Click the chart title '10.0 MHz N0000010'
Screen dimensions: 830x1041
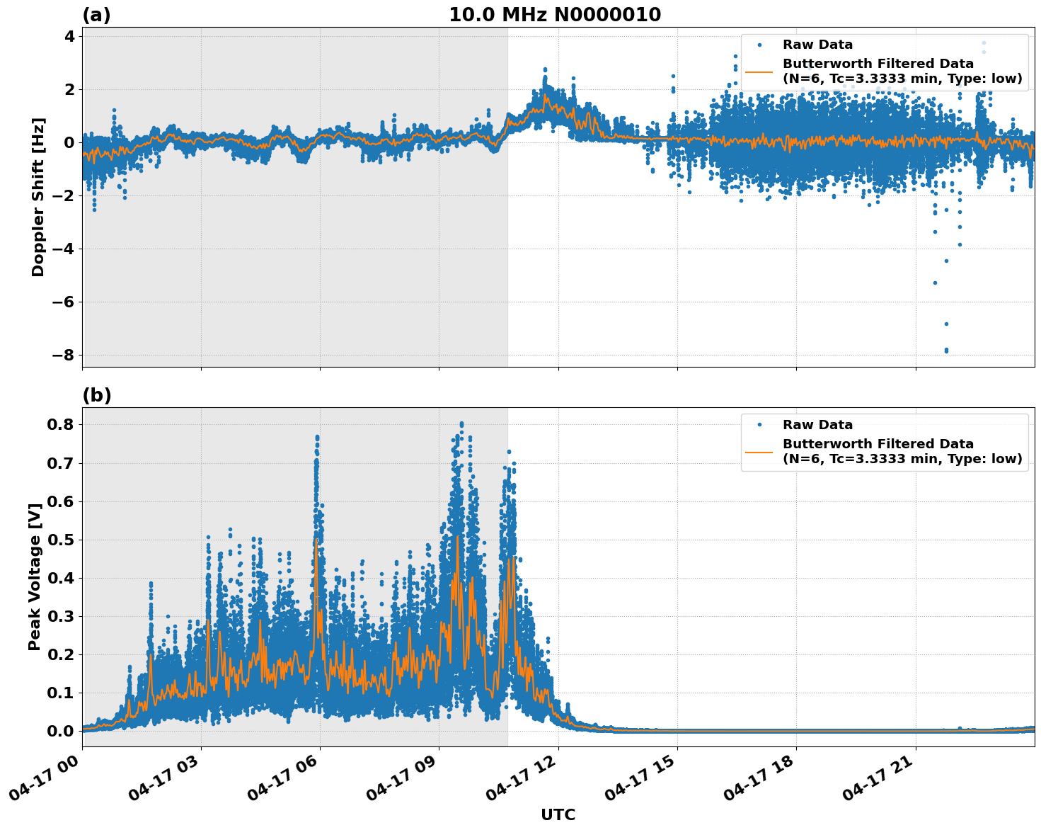(555, 15)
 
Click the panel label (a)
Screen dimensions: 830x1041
(96, 15)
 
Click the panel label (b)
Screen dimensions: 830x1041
(96, 395)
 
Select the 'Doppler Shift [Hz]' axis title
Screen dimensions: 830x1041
(38, 197)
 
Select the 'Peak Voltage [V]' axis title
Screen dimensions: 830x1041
(35, 576)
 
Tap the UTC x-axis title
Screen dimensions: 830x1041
(558, 815)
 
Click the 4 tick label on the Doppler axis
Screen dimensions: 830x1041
(69, 36)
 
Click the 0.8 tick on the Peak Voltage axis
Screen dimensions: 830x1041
(62, 424)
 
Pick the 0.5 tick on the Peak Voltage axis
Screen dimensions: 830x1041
(62, 540)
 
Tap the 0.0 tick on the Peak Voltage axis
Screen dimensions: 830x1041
(62, 731)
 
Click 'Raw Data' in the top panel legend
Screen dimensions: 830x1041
(817, 45)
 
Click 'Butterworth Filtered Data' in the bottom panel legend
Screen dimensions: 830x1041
(878, 444)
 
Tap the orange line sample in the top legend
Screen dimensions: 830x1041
(759, 72)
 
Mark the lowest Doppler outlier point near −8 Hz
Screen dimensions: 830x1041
(946, 351)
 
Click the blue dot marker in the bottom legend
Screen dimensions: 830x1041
(759, 425)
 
